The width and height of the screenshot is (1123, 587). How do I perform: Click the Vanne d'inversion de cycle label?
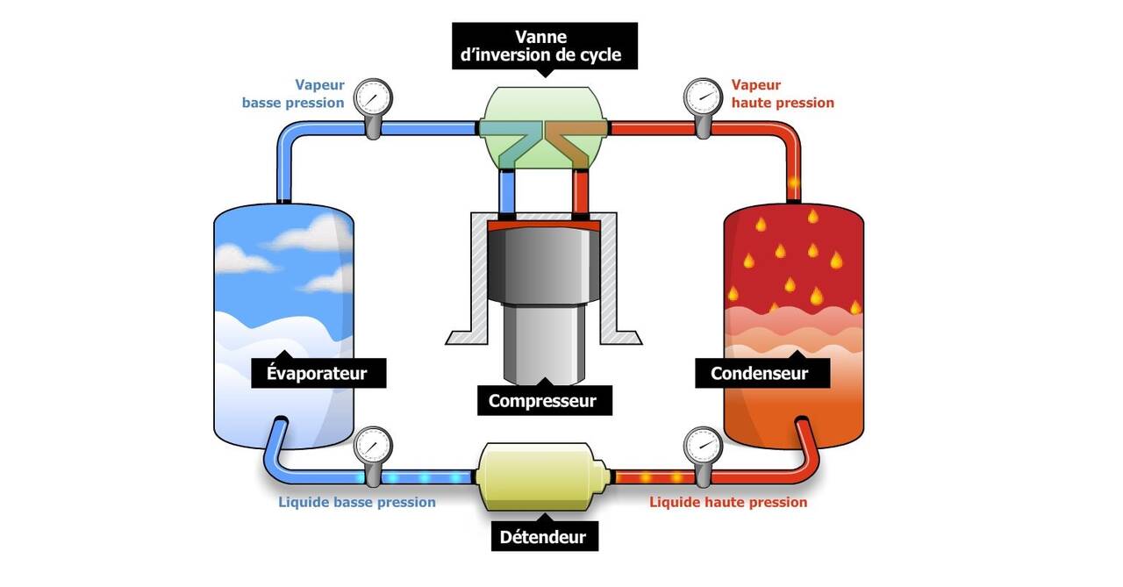[544, 46]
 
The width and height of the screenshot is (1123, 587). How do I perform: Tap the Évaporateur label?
[316, 374]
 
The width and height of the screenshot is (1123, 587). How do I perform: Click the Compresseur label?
[542, 401]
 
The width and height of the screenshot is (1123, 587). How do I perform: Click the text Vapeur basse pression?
[294, 94]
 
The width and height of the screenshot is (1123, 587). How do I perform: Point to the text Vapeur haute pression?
[782, 94]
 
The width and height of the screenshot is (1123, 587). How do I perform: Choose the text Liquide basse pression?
[357, 503]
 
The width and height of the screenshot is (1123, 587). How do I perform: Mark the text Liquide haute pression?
[728, 503]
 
